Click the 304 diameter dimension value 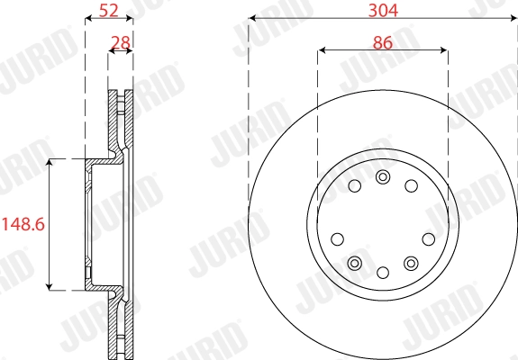383,9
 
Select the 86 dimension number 383,41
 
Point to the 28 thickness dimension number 119,42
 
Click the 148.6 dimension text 23,223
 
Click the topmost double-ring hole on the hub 383,175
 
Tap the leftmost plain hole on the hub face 338,238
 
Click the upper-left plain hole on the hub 354,186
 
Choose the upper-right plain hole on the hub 412,186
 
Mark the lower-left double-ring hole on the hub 355,263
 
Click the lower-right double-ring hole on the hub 412,263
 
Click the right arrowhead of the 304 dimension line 513,18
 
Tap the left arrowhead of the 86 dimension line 321,50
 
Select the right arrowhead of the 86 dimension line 445,50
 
